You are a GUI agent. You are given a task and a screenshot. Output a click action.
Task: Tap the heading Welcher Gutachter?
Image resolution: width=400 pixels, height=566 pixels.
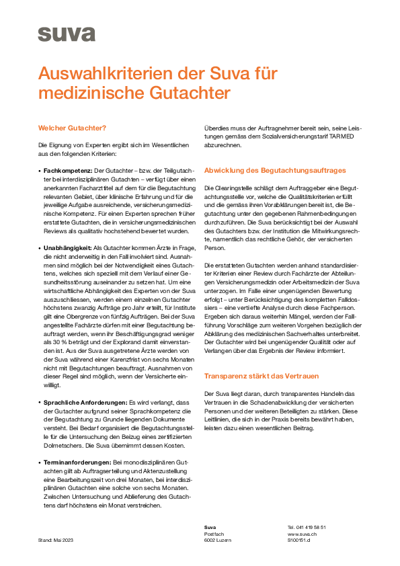[72, 128]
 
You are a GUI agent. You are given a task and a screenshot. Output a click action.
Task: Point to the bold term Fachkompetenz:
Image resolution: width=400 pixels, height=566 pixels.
[68, 171]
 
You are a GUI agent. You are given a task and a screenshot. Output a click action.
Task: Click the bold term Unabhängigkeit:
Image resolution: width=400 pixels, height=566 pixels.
[67, 249]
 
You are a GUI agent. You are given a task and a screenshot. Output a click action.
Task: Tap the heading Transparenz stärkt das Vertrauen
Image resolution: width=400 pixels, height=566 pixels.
[262, 376]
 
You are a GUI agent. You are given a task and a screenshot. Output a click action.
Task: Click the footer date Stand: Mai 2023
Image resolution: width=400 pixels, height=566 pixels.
[56, 540]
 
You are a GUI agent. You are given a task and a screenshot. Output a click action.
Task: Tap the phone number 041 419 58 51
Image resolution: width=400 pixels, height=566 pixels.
[311, 527]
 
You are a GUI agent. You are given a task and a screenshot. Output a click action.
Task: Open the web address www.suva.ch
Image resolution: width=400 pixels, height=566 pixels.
[302, 534]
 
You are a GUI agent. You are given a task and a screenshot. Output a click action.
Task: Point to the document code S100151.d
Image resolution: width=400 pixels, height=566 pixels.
[299, 540]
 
